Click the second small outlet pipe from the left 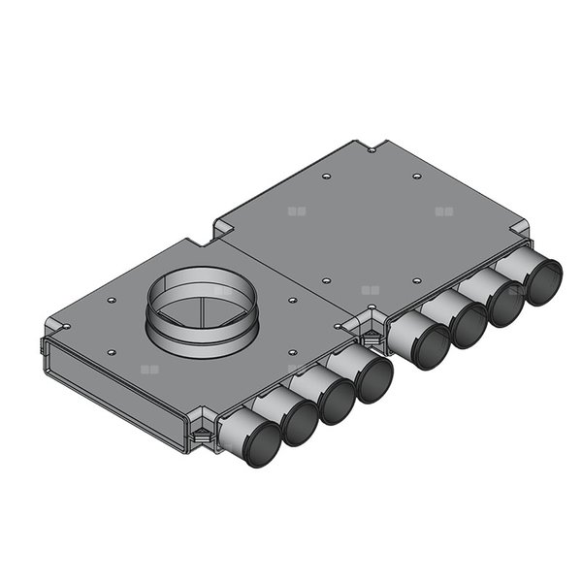click(300, 424)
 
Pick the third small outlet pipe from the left click(337, 403)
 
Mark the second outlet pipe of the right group click(469, 326)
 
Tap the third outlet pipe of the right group click(505, 304)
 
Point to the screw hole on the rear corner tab click(372, 149)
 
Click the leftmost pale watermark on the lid click(148, 370)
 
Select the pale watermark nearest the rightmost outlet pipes click(444, 210)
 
